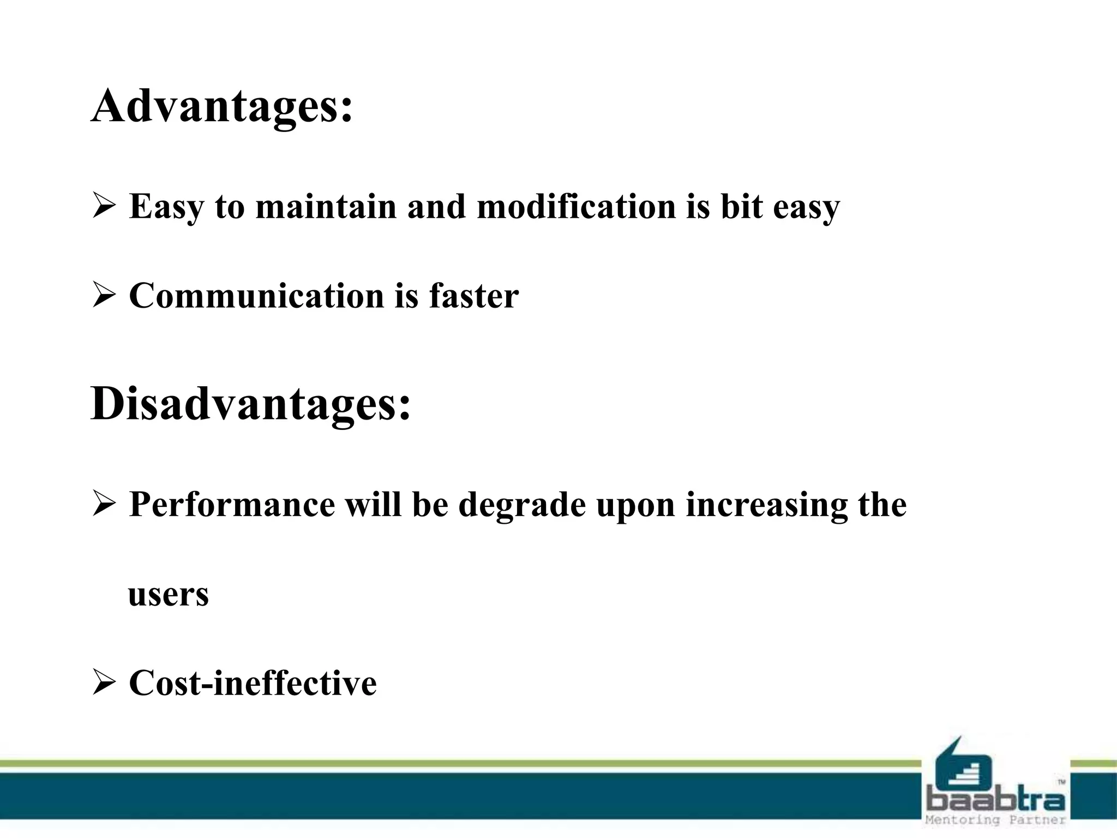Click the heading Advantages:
coord(222,106)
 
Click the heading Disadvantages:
coord(250,404)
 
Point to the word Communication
coord(256,296)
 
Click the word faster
coord(473,296)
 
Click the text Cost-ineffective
coord(253,683)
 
